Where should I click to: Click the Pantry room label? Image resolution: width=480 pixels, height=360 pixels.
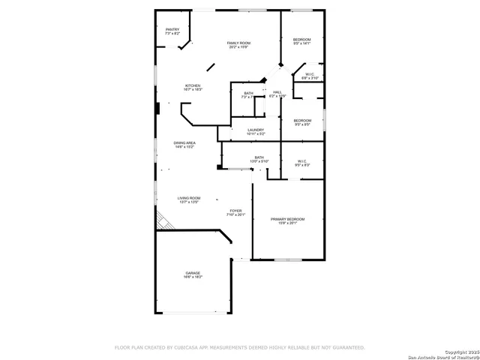172,30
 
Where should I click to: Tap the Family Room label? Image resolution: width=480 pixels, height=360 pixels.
239,43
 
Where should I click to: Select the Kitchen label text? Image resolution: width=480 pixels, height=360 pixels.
193,86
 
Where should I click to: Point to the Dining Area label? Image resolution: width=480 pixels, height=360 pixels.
184,142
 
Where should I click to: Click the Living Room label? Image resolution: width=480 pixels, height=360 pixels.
189,198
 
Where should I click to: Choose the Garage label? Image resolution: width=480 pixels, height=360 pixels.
193,273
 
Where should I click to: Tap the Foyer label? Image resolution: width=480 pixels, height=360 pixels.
235,211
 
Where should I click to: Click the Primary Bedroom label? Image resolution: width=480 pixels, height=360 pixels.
288,219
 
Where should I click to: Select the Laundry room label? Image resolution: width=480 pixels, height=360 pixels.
256,130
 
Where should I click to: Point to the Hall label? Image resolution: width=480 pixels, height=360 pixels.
277,92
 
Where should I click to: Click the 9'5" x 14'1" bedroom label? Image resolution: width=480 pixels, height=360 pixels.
301,39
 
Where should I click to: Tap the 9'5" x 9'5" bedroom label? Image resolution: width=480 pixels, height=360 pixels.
302,121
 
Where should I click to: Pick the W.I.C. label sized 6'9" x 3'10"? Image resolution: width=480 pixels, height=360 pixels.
310,74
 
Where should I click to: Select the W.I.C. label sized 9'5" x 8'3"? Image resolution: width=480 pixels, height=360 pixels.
301,161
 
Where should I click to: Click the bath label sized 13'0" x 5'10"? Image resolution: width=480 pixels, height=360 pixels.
259,157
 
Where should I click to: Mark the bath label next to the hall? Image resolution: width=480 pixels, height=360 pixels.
248,93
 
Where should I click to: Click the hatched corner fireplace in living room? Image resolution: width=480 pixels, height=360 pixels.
162,222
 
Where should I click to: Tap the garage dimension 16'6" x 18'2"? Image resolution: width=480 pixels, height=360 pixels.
193,277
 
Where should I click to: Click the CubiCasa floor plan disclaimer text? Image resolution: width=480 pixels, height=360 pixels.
239,347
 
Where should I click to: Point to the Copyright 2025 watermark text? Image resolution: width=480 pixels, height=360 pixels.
460,352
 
